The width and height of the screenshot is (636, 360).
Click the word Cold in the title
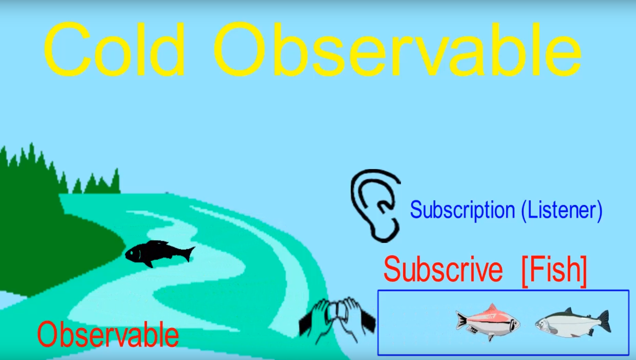pyautogui.click(x=115, y=49)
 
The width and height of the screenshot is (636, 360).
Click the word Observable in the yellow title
pyautogui.click(x=398, y=49)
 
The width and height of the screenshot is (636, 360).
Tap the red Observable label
pyautogui.click(x=108, y=334)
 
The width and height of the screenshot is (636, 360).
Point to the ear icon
pyautogui.click(x=375, y=205)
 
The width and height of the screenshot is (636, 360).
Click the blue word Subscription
pyautogui.click(x=462, y=210)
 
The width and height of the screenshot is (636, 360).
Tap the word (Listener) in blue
pyautogui.click(x=561, y=210)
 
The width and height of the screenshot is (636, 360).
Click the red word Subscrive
pyautogui.click(x=443, y=269)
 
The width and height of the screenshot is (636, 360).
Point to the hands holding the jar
pyautogui.click(x=337, y=320)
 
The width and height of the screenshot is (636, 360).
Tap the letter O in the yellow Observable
pyautogui.click(x=239, y=49)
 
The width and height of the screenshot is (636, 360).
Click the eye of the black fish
pyautogui.click(x=131, y=253)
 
